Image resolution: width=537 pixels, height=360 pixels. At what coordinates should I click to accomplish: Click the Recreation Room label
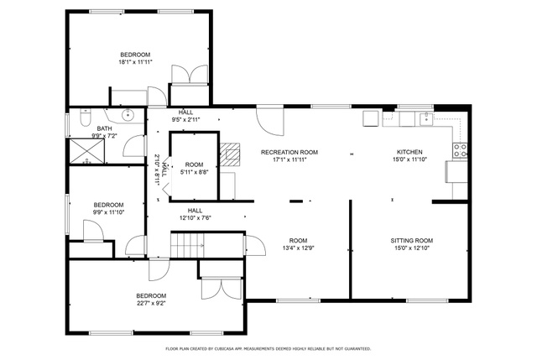(289, 152)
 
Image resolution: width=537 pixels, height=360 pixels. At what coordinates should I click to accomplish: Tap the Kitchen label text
(409, 152)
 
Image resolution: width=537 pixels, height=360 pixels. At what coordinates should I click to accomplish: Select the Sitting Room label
(412, 241)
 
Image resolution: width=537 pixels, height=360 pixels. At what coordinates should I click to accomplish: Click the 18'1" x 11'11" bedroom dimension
(135, 62)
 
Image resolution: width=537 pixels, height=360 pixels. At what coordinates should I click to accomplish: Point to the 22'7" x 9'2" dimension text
(151, 303)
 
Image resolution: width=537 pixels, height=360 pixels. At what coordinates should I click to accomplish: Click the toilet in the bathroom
(85, 117)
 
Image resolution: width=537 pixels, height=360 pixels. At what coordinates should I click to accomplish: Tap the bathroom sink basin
(128, 115)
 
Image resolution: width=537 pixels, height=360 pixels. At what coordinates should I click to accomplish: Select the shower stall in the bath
(86, 151)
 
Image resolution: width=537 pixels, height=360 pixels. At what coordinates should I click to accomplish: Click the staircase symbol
(187, 244)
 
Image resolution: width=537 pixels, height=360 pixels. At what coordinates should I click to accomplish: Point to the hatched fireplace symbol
(230, 154)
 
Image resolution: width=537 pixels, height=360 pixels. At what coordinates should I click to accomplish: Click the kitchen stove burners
(461, 150)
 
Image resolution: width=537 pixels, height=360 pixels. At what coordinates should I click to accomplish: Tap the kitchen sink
(427, 119)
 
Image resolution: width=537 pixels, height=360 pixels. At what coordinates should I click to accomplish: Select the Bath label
(104, 128)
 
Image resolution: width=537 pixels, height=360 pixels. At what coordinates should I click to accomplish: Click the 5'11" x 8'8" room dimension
(194, 172)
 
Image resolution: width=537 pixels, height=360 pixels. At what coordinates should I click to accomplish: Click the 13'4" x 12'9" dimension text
(298, 248)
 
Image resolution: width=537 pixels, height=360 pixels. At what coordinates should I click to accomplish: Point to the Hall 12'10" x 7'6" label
(195, 214)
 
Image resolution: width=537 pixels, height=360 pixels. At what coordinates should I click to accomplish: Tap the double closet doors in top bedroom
(190, 74)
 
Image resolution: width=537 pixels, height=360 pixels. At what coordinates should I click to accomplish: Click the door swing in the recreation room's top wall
(270, 121)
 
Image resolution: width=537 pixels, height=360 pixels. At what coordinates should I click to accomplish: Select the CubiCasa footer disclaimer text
(268, 349)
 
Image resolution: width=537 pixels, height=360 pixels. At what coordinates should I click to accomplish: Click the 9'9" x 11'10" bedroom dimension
(108, 212)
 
